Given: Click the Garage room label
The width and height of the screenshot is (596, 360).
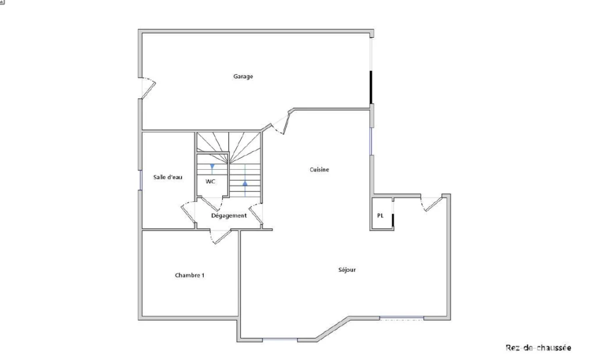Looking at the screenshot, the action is tap(243, 76).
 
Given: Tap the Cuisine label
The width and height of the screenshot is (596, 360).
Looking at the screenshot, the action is tap(320, 169).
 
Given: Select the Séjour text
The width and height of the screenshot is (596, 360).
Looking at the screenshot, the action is tap(347, 270).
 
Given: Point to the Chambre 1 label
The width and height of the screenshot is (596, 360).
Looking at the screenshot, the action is tap(190, 275).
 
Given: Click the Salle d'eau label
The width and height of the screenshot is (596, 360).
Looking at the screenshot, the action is tap(168, 177).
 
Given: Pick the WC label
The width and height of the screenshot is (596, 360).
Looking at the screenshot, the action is tap(210, 181).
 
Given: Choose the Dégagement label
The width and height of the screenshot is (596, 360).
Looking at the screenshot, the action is tap(229, 215).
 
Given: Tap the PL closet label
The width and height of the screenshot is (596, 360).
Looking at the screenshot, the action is tap(380, 215).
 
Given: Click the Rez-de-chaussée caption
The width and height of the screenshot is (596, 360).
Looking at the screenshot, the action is tap(538, 347).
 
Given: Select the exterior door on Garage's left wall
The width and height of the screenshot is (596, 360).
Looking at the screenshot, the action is tap(148, 88).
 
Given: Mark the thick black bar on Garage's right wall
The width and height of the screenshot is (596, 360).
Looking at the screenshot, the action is tap(371, 87).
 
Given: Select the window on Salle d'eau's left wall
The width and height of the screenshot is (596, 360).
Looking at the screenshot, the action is tap(141, 180).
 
